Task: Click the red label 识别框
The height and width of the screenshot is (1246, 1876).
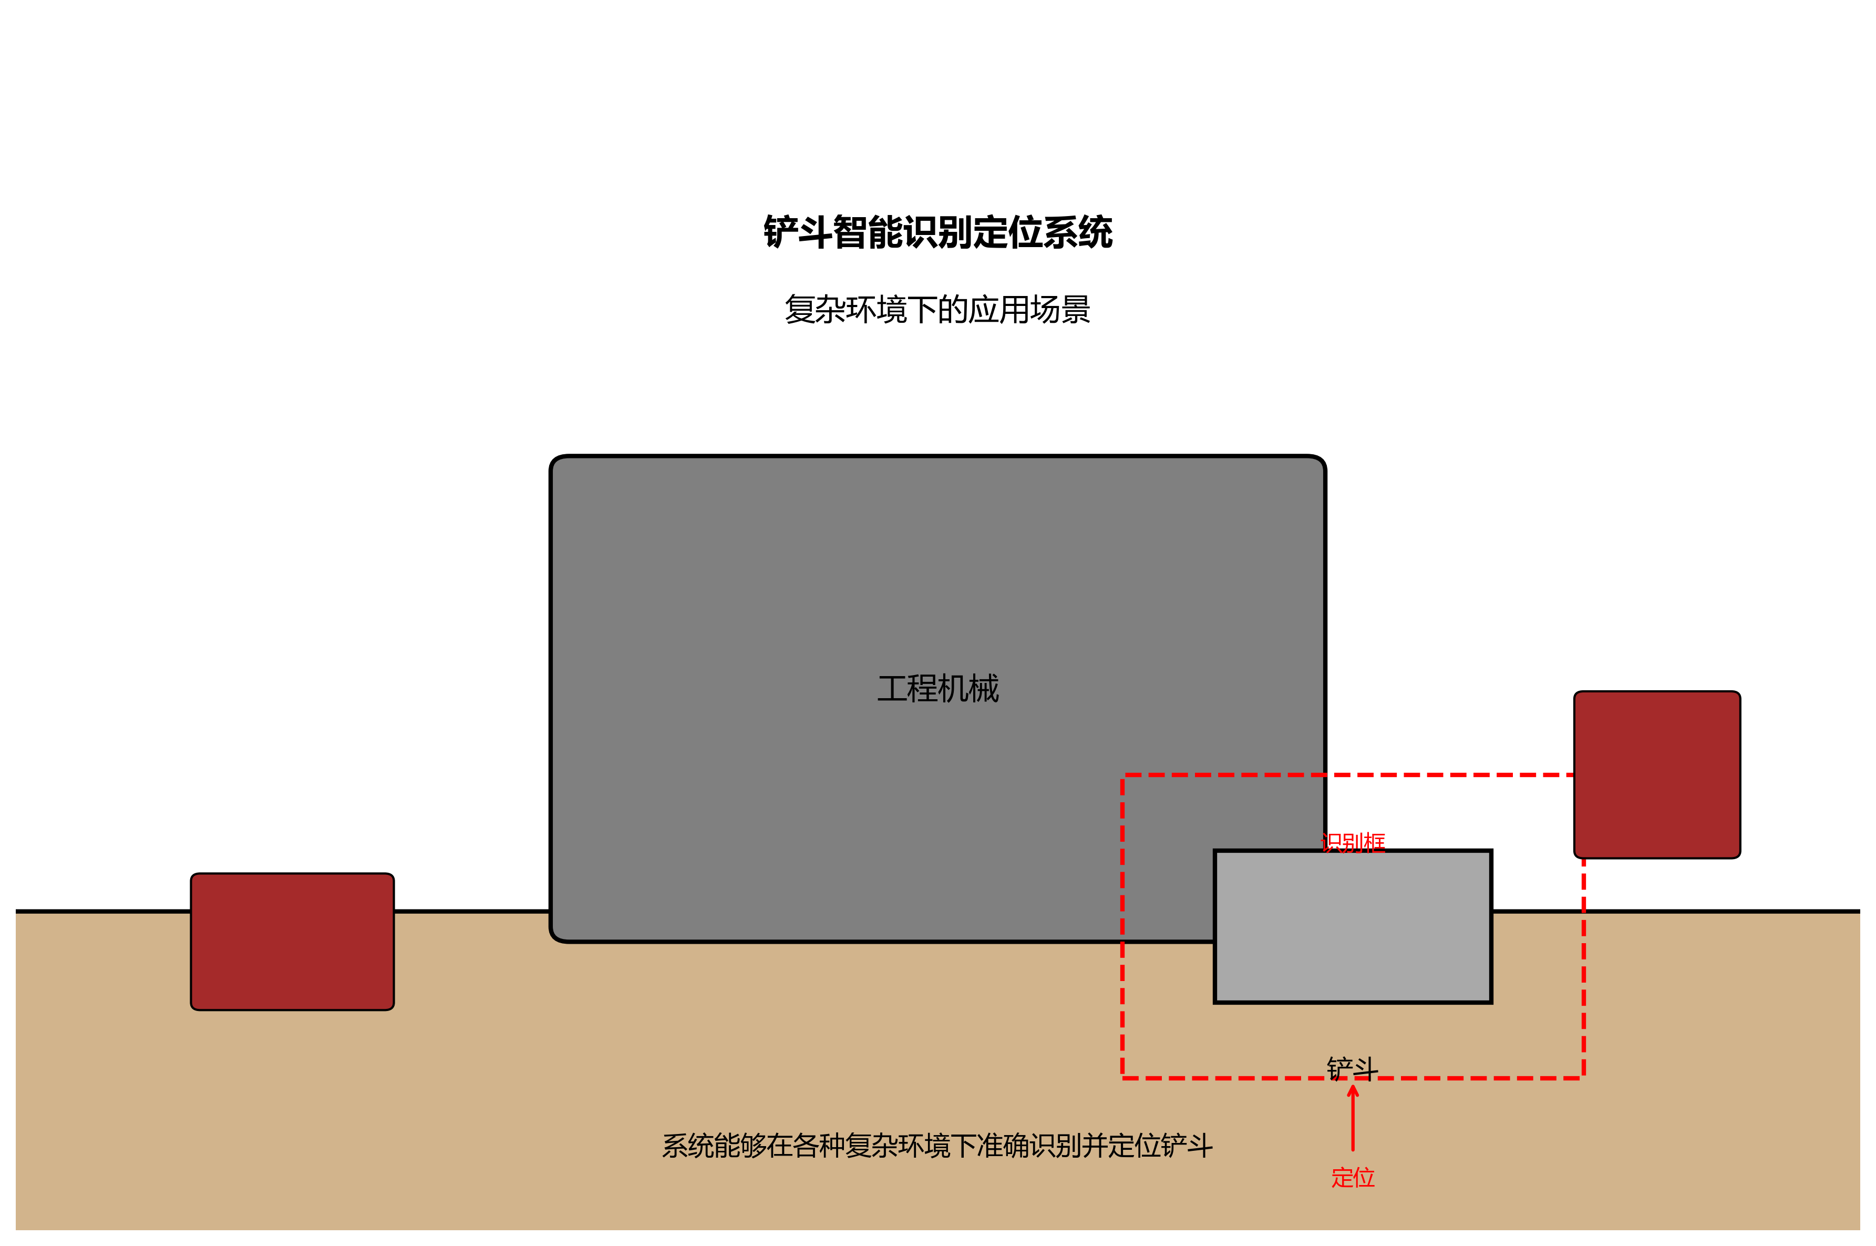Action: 1353,842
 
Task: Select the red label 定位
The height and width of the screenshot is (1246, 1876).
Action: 1353,1177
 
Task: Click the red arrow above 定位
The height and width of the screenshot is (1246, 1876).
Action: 1353,1120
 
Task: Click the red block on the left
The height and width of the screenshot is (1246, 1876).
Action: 292,942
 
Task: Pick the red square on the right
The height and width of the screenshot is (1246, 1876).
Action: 1657,775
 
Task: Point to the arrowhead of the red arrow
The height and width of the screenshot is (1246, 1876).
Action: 1353,1091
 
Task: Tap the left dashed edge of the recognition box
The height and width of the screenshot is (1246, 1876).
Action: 1122,926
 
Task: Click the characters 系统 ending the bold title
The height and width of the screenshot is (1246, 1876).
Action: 1078,232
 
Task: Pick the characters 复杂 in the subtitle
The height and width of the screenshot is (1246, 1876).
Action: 815,309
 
